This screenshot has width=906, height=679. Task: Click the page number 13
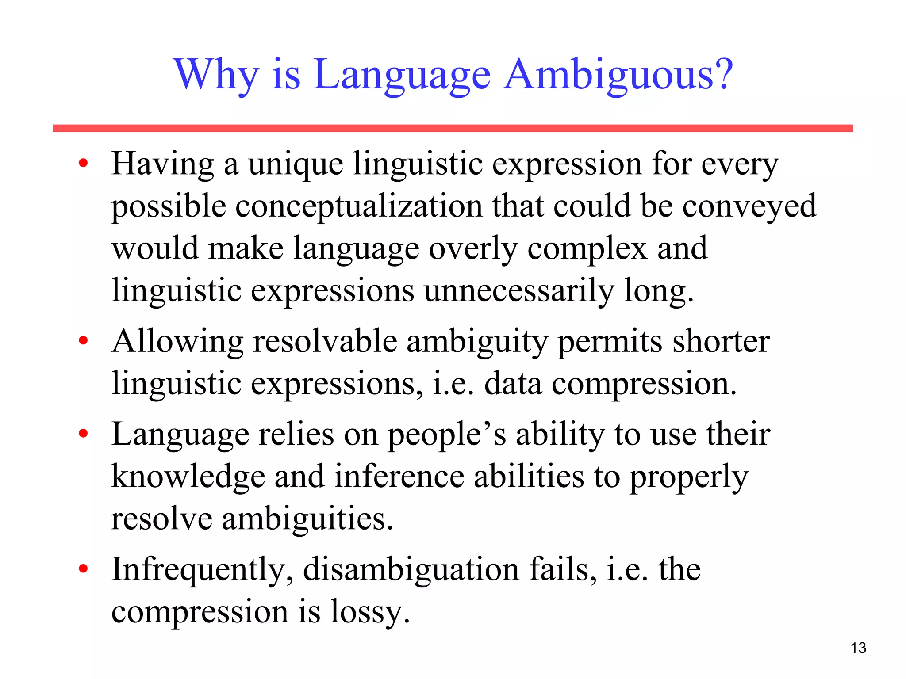point(858,648)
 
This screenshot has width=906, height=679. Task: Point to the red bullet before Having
point(83,164)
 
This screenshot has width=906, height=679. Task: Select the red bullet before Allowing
point(83,341)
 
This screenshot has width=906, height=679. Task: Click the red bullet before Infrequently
point(83,569)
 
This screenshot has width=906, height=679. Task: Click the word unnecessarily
point(519,290)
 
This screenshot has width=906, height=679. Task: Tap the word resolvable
point(325,341)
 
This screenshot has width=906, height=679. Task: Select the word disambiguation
point(411,569)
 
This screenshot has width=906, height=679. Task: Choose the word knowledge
point(188,477)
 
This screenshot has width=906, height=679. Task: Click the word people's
point(447,434)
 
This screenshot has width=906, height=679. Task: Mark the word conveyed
point(749,206)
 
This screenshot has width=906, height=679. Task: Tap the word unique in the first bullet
point(296,164)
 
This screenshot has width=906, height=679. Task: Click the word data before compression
point(513,383)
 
